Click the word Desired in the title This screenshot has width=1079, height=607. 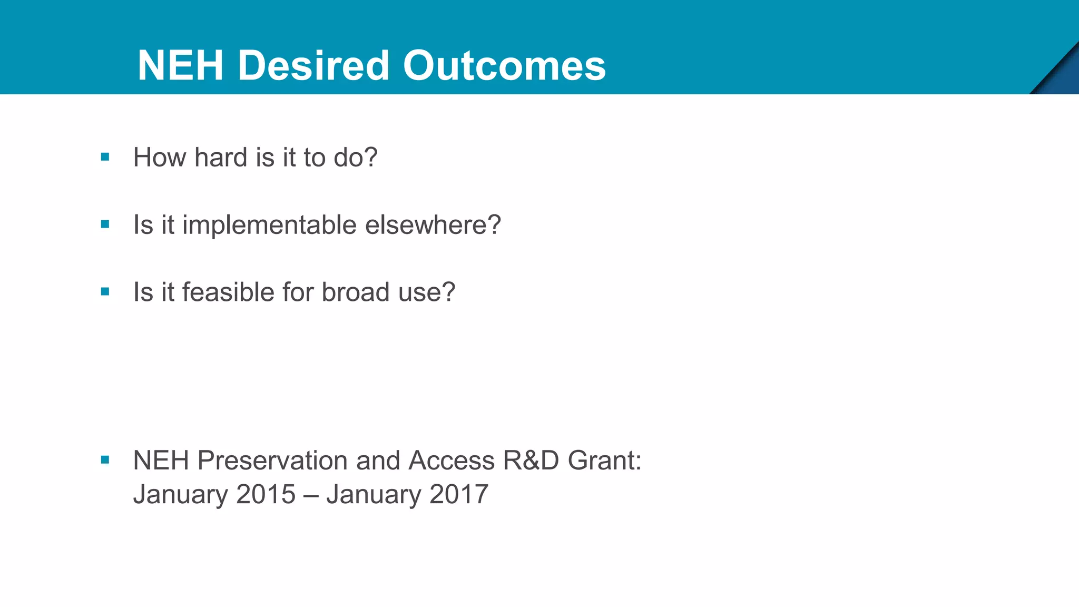(313, 65)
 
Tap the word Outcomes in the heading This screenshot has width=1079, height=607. (504, 65)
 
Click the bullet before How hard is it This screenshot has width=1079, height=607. (105, 157)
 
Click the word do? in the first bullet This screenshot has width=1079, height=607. (356, 158)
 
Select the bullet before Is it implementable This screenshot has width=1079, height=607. (105, 224)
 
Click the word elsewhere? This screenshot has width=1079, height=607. (433, 225)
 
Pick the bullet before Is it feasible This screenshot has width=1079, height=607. (105, 291)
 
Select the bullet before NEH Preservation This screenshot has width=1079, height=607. (105, 460)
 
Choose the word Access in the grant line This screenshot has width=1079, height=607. (452, 461)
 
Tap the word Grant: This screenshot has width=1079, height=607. (604, 461)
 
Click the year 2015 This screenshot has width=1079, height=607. (266, 494)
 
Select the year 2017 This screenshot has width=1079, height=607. (458, 494)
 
